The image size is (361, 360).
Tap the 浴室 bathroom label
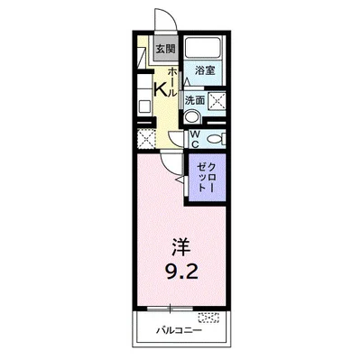(206, 69)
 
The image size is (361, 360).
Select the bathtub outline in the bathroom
(206, 50)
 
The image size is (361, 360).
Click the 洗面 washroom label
(195, 100)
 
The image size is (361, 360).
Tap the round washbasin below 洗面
(190, 115)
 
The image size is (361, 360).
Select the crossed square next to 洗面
(217, 101)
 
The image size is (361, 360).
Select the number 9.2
(180, 269)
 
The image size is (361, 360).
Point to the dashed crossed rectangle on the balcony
(208, 317)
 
